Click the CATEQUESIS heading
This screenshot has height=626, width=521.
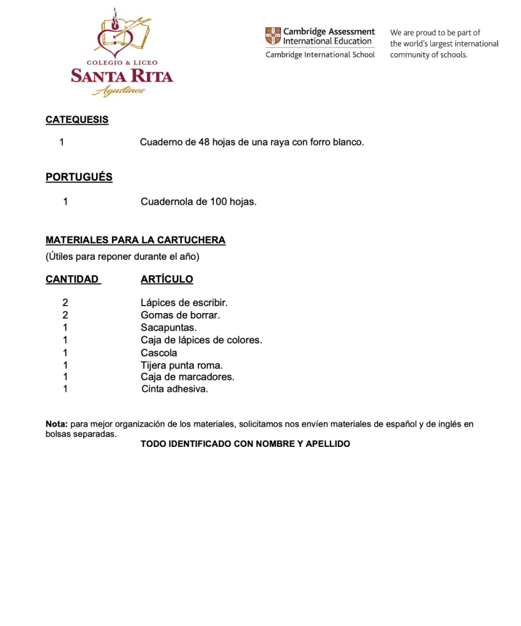(77, 120)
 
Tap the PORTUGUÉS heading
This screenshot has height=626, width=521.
(79, 177)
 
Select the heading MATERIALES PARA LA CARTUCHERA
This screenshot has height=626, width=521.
(135, 240)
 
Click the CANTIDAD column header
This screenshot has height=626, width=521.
(72, 279)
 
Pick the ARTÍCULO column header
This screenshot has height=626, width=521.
(167, 279)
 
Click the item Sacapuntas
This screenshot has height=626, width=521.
(168, 328)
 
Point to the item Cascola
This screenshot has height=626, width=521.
(159, 353)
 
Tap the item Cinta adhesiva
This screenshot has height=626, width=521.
(174, 389)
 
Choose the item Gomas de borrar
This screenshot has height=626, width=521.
(180, 315)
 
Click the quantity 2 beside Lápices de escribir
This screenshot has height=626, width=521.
(65, 303)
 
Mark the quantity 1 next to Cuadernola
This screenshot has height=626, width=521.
(66, 201)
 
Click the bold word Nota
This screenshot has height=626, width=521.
(56, 424)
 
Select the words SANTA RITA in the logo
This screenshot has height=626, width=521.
(122, 76)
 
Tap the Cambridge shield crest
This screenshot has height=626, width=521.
(273, 36)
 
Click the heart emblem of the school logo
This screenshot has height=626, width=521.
(114, 37)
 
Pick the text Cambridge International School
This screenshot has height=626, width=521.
(320, 55)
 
